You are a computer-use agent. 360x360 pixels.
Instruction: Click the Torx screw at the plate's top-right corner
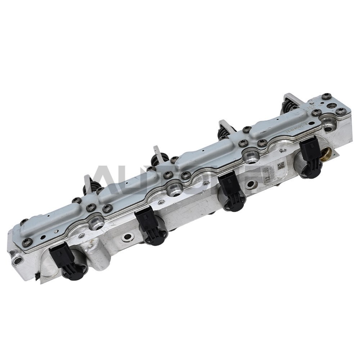pos(327,96)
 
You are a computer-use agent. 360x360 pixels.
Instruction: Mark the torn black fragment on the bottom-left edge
pos(37,276)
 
